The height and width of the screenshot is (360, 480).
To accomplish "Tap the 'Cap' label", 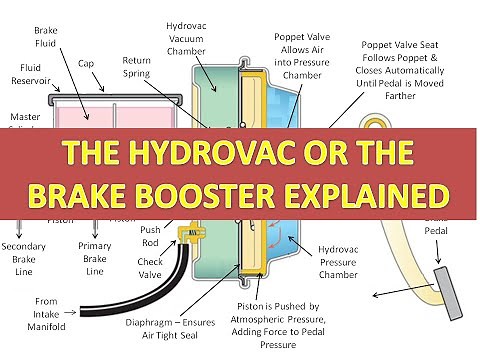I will pos(86,63).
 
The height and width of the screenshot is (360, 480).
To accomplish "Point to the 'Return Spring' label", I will pos(137,67).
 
